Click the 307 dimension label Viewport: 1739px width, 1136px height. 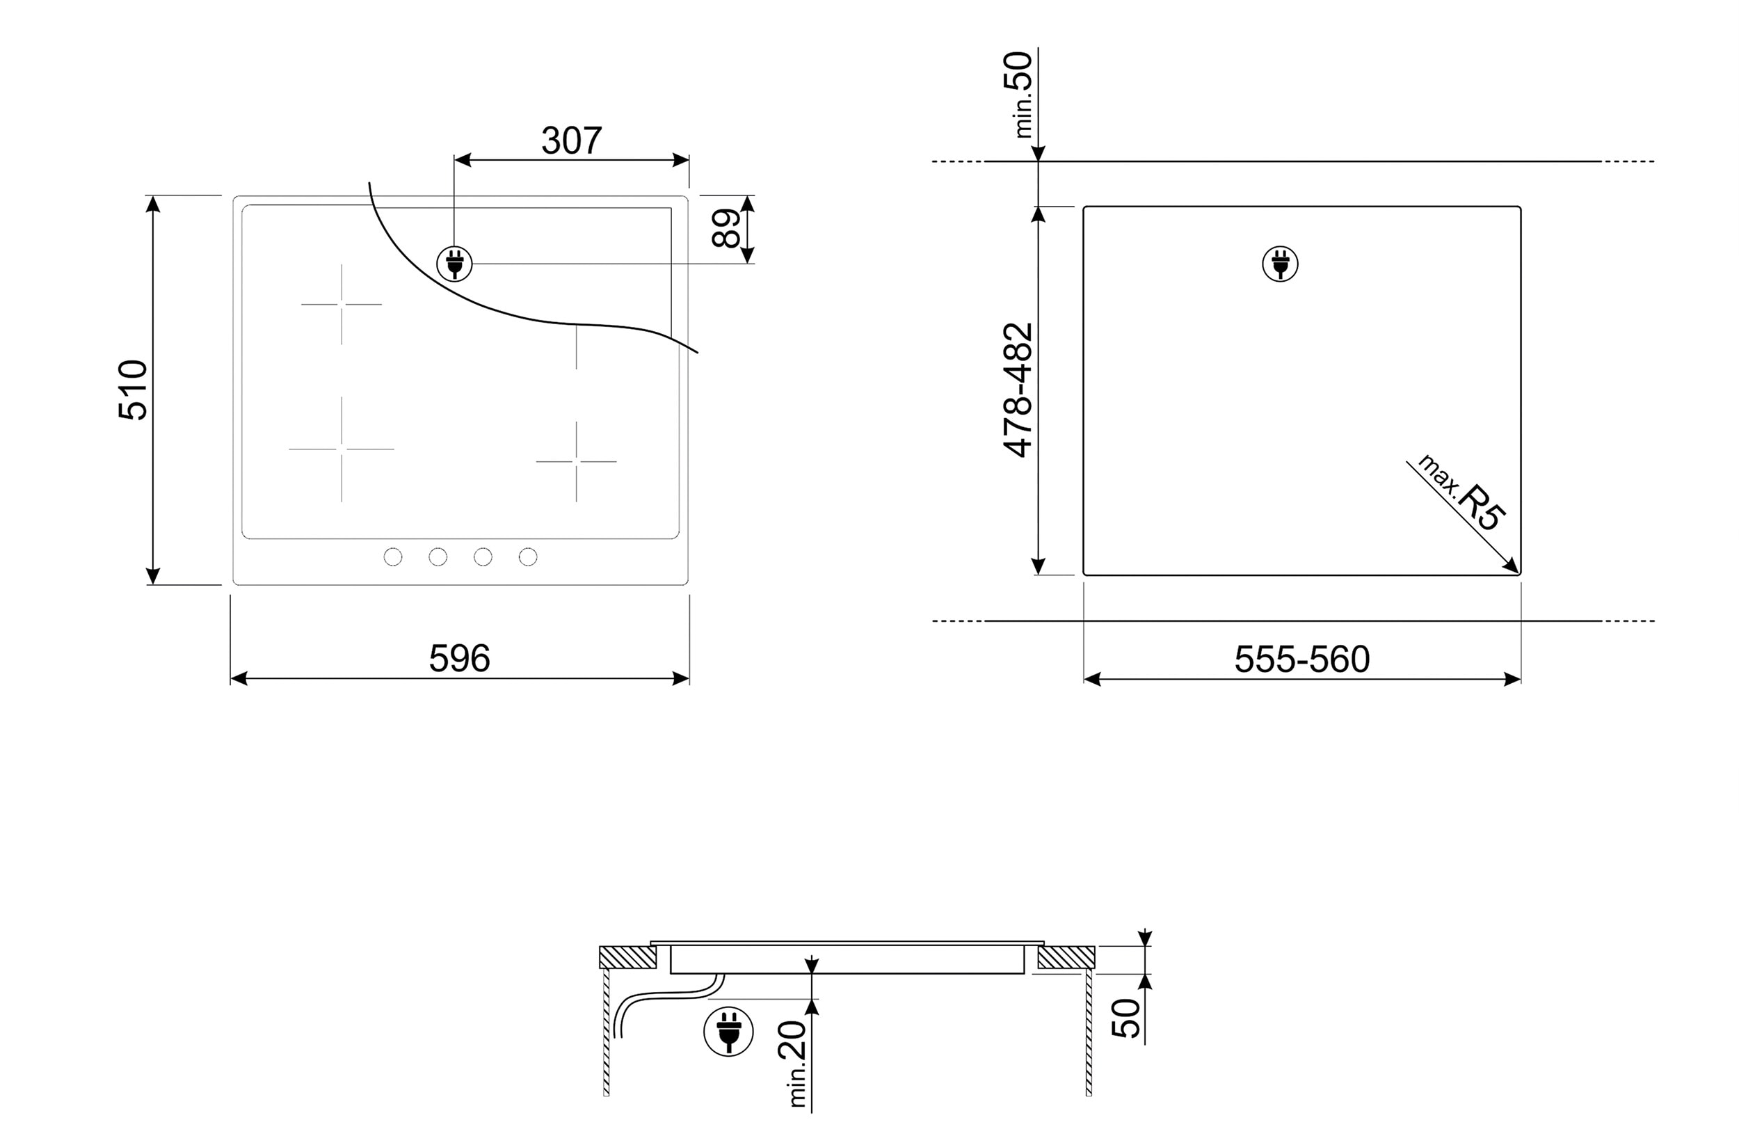pos(571,141)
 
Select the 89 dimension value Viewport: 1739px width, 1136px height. pos(726,229)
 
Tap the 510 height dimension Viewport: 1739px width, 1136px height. pos(133,390)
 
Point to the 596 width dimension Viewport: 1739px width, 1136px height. pos(459,658)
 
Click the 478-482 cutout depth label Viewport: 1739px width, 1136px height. pos(1018,390)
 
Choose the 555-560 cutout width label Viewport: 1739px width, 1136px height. pos(1302,659)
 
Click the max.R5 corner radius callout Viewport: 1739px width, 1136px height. pos(1461,493)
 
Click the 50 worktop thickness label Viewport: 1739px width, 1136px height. pos(1126,1018)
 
